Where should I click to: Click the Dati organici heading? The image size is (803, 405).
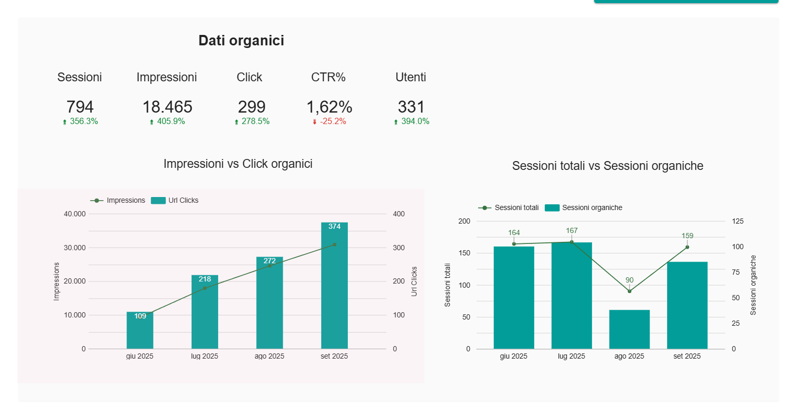pyautogui.click(x=241, y=41)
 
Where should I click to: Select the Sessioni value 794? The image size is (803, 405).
pyautogui.click(x=80, y=107)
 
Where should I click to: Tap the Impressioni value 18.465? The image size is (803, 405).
pyautogui.click(x=167, y=107)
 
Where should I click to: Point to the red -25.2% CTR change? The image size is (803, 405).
pyautogui.click(x=332, y=121)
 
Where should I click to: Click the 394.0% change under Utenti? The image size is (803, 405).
pyautogui.click(x=415, y=121)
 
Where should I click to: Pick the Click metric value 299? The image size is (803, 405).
pyautogui.click(x=252, y=107)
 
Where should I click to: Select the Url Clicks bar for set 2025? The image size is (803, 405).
pyautogui.click(x=334, y=287)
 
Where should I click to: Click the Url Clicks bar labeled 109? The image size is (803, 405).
pyautogui.click(x=140, y=331)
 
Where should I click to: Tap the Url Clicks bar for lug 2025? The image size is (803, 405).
pyautogui.click(x=205, y=313)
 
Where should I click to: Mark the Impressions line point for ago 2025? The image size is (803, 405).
pyautogui.click(x=270, y=266)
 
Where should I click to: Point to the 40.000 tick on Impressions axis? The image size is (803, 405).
pyautogui.click(x=74, y=214)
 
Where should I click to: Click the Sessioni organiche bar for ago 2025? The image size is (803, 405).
pyautogui.click(x=630, y=329)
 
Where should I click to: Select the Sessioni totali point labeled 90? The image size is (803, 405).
pyautogui.click(x=630, y=291)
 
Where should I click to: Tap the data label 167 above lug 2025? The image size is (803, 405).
pyautogui.click(x=572, y=230)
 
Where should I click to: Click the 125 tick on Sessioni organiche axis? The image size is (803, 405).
pyautogui.click(x=737, y=221)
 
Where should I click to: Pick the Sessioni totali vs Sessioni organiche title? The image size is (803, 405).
pyautogui.click(x=608, y=166)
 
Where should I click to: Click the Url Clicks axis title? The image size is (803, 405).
pyautogui.click(x=415, y=281)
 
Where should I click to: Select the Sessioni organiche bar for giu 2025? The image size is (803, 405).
pyautogui.click(x=514, y=297)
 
